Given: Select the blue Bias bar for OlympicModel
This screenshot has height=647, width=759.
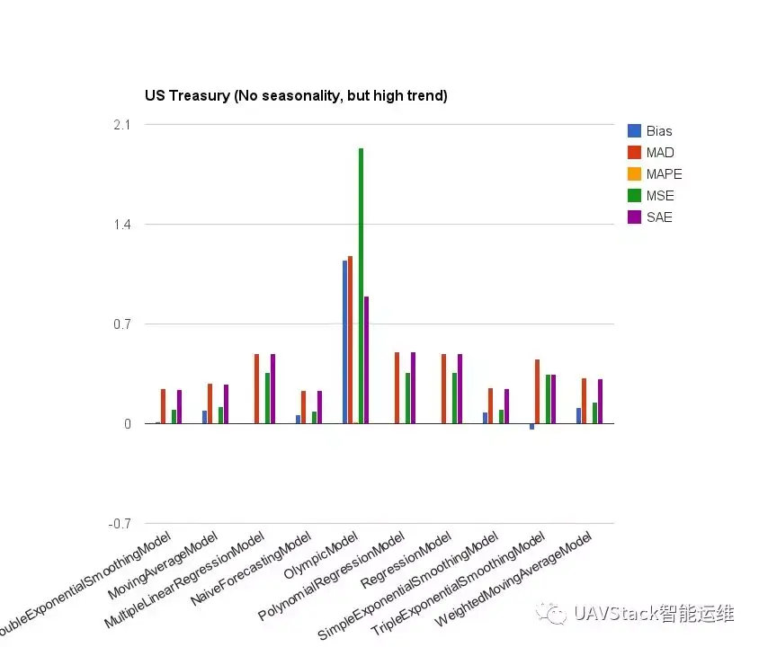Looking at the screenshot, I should click(344, 341).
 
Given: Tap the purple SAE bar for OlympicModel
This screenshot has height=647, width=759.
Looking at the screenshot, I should click(367, 359).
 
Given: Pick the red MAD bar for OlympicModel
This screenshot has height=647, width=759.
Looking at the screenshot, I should click(350, 340).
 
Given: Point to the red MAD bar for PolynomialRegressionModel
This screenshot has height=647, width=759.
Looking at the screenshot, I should click(397, 387).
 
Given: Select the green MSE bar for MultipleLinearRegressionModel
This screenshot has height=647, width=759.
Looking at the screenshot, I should click(267, 398).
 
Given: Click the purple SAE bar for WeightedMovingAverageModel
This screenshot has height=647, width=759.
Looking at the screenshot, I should click(601, 401).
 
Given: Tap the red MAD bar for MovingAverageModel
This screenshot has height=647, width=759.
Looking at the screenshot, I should click(210, 403).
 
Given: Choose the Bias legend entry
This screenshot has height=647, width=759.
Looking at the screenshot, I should click(658, 131).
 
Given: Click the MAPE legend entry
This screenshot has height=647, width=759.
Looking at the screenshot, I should click(663, 174).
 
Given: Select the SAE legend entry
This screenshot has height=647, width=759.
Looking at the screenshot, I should click(658, 217).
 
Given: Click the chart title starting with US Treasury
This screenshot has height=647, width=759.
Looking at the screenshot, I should click(296, 95).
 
